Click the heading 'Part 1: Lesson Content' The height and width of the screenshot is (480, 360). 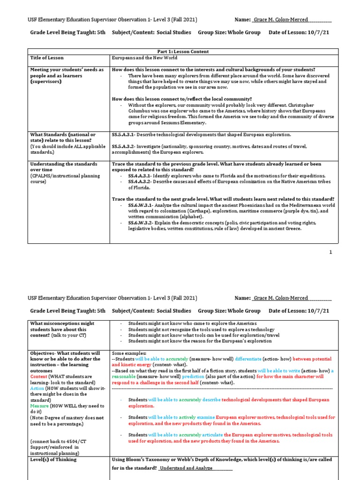click(x=183, y=52)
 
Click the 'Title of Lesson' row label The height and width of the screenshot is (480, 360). click(x=47, y=58)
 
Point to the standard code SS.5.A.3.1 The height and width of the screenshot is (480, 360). click(x=123, y=135)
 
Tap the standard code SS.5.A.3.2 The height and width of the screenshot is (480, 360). click(x=123, y=146)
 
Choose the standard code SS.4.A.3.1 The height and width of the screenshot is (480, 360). click(x=139, y=175)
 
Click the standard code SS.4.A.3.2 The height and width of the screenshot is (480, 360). click(x=139, y=181)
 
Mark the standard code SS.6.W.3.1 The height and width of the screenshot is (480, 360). click(x=139, y=205)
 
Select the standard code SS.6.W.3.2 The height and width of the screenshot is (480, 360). click(x=139, y=223)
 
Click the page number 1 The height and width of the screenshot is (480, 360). click(x=330, y=252)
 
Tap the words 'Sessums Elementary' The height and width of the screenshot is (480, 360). click(x=184, y=123)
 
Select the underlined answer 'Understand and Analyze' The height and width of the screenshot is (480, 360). click(x=187, y=468)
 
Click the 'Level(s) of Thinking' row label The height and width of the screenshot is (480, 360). click(x=53, y=459)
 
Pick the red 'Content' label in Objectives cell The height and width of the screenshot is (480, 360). click(x=38, y=376)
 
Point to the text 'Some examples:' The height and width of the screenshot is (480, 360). click(x=129, y=353)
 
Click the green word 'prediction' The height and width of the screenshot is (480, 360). click(x=190, y=376)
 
